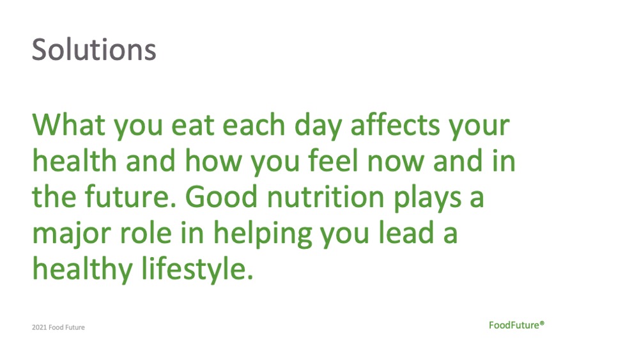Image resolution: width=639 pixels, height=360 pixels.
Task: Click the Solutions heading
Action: pos(94,50)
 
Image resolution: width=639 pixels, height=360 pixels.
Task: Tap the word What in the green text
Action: pos(68,125)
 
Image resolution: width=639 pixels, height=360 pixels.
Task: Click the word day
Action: pos(318,126)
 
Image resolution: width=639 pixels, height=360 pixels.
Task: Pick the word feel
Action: pos(333,160)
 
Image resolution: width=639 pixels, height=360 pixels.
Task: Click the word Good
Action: pos(221,196)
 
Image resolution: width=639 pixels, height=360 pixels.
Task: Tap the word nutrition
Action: pos(326,196)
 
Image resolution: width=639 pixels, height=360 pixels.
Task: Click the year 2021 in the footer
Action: pos(39,327)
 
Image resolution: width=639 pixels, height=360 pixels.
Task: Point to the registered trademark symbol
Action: pos(542,323)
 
